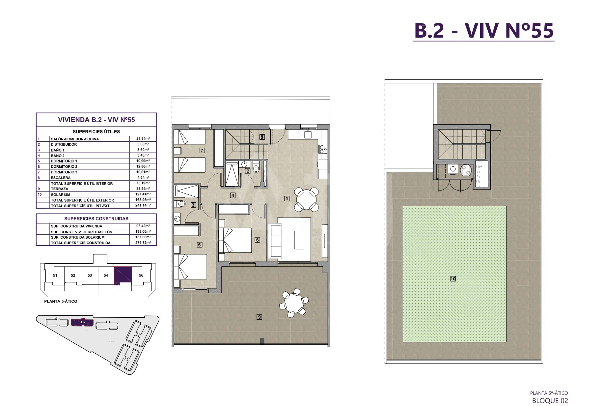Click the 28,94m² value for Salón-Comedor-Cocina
143,139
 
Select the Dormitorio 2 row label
64,167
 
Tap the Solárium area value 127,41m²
143,195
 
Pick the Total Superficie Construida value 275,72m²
143,243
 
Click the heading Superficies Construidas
96,218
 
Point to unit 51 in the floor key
55,275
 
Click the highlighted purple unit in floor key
123,275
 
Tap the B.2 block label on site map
82,322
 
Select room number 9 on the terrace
260,317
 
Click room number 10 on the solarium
453,279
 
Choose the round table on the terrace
293,302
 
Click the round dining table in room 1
306,199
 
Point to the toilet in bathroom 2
257,167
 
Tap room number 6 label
258,240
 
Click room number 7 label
202,150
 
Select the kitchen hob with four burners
322,149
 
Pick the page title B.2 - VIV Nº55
484,31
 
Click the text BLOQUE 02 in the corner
550,400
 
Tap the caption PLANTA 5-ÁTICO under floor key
61,301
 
